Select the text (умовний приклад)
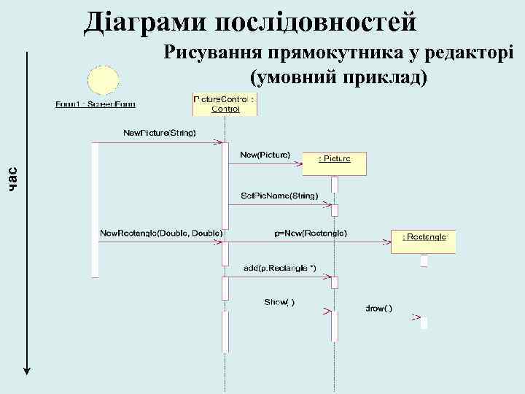pos(339,77)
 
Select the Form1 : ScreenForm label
pos(100,104)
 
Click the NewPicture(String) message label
pos(159,132)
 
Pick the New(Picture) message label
pos(265,155)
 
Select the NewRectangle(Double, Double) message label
pos(160,233)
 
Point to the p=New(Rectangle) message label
pos(311,233)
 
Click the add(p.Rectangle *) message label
pos(279,269)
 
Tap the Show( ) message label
pos(279,302)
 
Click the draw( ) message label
pos(378,309)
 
